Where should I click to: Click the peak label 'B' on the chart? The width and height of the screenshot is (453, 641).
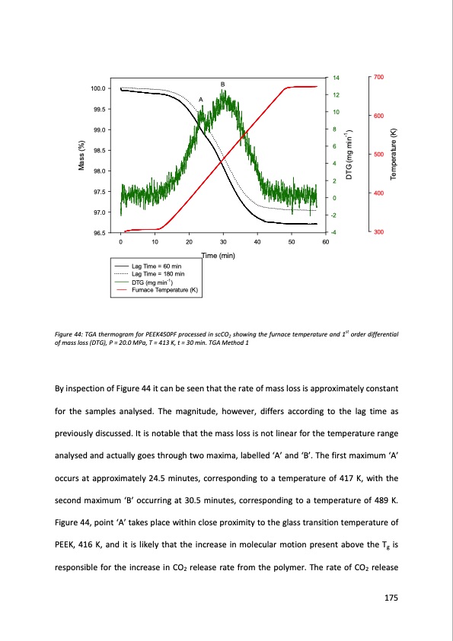pos(223,83)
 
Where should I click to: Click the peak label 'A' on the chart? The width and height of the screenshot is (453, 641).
pos(201,100)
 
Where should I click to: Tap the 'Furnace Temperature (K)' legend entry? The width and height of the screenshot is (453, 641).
pos(164,290)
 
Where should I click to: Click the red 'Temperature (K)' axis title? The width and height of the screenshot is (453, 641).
pos(394,155)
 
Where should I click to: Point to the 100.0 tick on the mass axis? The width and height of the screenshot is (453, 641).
pos(98,89)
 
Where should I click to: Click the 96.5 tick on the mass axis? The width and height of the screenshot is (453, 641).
pos(98,232)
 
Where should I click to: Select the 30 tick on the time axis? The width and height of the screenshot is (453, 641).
pos(223,241)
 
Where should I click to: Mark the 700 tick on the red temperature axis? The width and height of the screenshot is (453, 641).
pos(379,78)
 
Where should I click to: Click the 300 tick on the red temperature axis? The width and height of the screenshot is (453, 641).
pos(379,231)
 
